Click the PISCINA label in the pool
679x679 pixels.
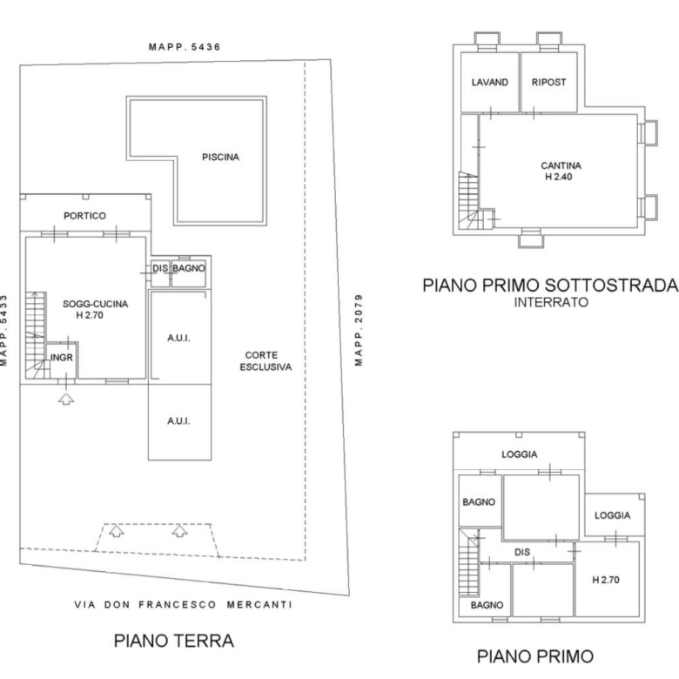point(220,158)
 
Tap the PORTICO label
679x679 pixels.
point(85,216)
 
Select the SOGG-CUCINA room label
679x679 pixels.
point(95,304)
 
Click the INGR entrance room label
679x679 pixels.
point(62,358)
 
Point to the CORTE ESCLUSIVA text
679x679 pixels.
point(266,361)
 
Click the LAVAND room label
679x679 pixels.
point(490,83)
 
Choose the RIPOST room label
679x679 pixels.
point(548,83)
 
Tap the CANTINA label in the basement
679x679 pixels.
point(561,165)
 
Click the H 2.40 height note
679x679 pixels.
point(558,177)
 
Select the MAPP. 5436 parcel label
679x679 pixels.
point(185,47)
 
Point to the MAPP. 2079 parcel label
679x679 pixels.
point(359,330)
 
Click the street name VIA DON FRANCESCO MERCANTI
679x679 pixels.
point(183,604)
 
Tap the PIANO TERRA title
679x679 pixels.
point(173,641)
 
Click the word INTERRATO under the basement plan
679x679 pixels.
point(551,302)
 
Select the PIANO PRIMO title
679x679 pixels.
point(534,656)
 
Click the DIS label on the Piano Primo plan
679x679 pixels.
point(522,552)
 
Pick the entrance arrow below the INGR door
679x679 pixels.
point(66,399)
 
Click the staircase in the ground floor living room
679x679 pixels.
point(36,335)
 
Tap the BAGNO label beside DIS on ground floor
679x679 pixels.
point(189,268)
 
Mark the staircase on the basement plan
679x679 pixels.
point(468,200)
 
